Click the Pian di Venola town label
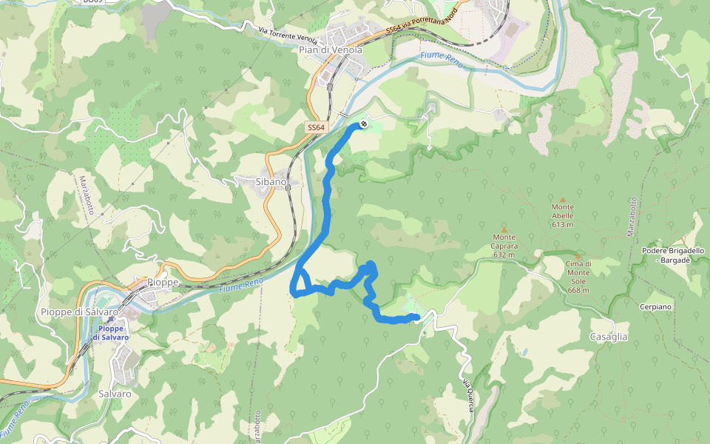coord(330,50)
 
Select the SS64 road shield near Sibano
coord(316,128)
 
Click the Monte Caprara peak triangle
coord(504,229)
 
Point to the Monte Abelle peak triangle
coord(562,199)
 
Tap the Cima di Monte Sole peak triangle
coord(578,255)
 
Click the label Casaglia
coord(609,337)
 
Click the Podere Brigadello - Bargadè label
coord(673,255)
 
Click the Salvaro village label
coord(115,394)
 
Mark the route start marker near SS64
coord(363,124)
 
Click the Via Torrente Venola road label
coord(288,34)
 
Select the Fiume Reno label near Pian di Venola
coord(442,60)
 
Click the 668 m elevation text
coord(578,290)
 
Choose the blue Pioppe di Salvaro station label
coord(110,332)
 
